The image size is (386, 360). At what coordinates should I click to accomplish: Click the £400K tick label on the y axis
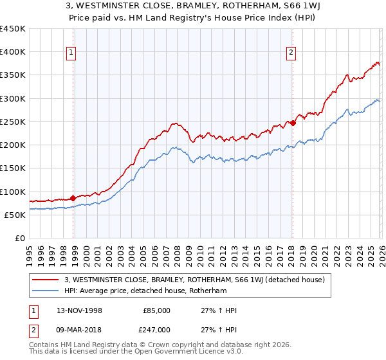click(13, 52)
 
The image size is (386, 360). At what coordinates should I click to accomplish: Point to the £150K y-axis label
click(13, 168)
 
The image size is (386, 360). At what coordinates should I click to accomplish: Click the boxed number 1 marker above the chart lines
click(71, 53)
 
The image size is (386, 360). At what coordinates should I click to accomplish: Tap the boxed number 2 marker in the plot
click(291, 53)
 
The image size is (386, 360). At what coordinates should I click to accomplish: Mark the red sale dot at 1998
click(73, 198)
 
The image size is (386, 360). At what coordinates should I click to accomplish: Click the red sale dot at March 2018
click(293, 123)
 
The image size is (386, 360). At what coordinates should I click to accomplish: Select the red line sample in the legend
click(46, 280)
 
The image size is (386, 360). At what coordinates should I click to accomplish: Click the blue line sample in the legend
click(46, 291)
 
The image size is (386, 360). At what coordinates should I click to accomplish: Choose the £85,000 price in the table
click(157, 310)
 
